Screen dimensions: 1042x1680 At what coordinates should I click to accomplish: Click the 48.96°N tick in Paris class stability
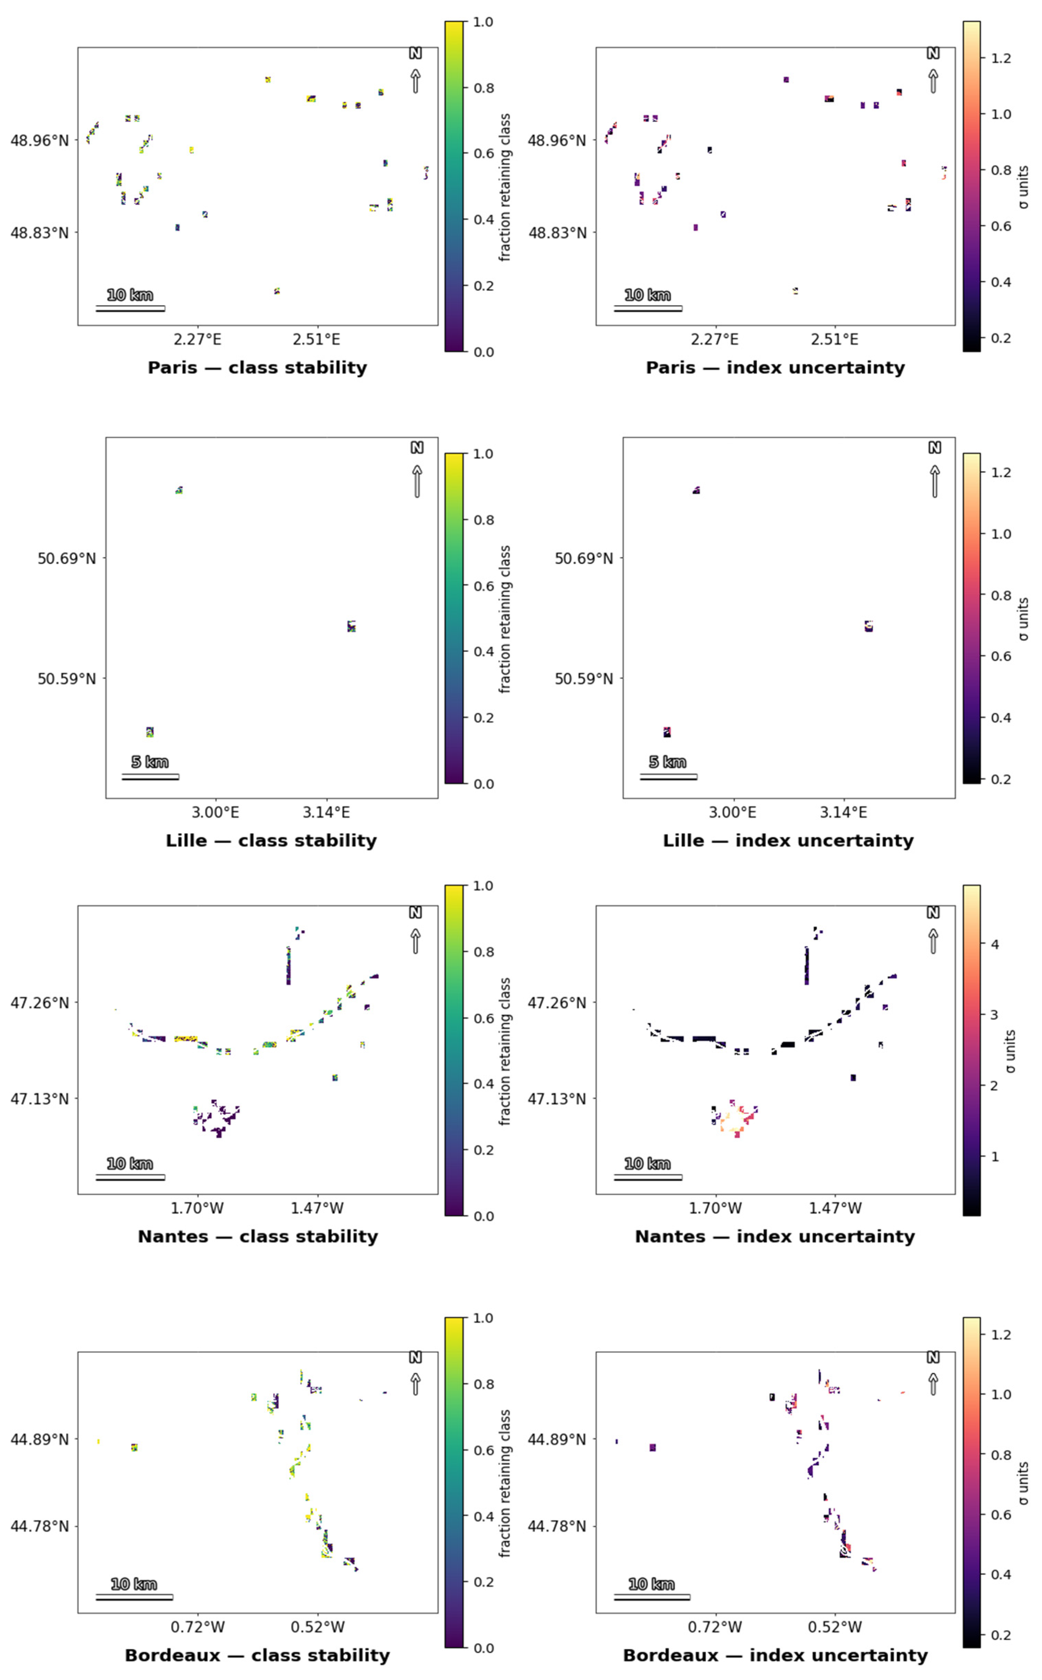click(x=39, y=141)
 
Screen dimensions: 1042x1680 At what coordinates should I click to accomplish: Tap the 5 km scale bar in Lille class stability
click(x=150, y=777)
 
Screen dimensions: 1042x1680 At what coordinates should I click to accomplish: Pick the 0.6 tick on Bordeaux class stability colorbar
click(x=484, y=1450)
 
